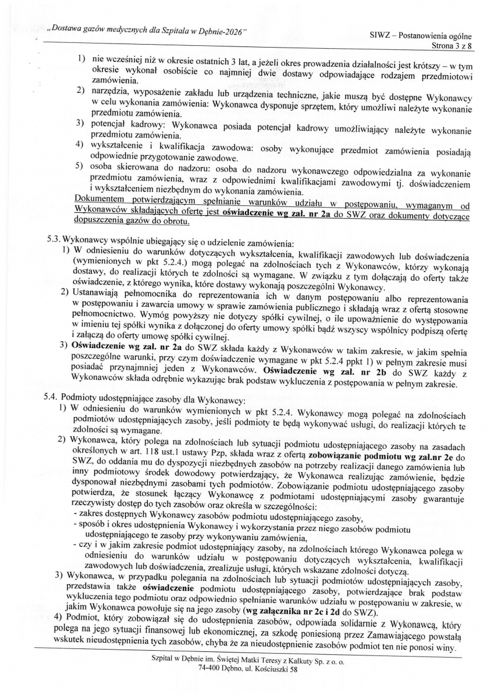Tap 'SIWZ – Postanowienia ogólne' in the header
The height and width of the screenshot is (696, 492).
click(420, 35)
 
